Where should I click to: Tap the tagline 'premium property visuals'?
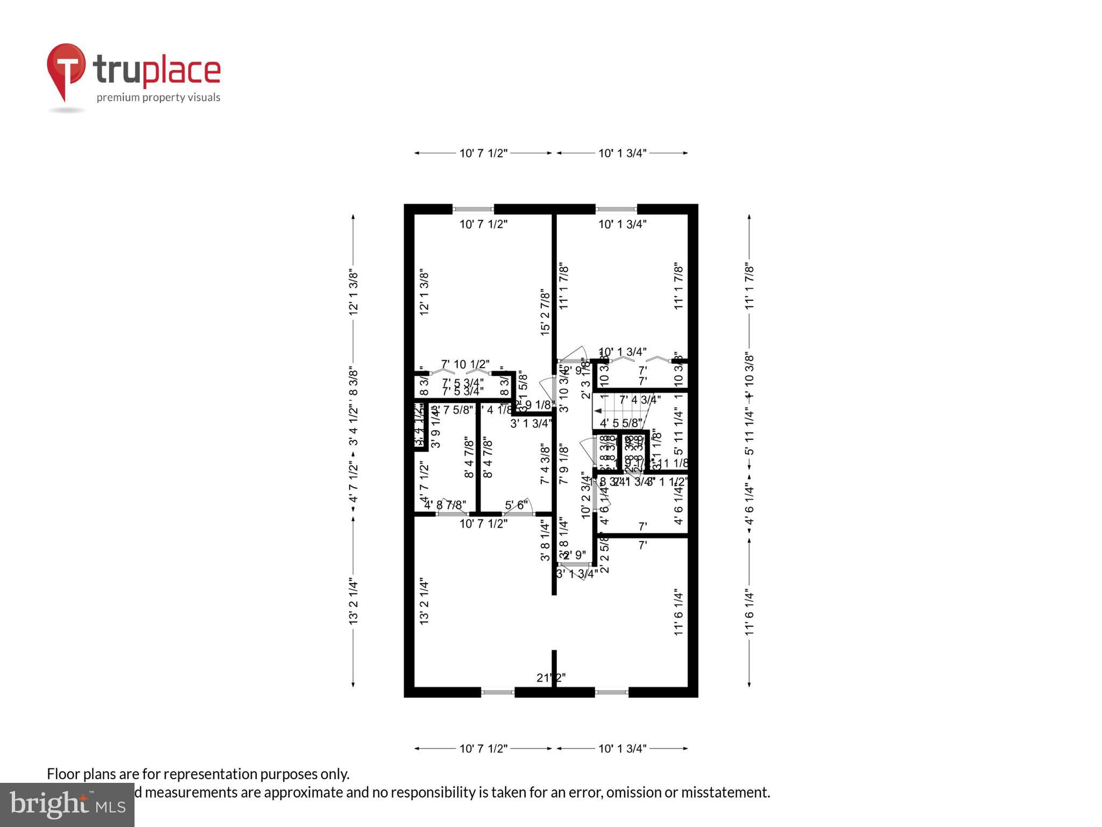(158, 97)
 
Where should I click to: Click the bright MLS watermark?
(67, 804)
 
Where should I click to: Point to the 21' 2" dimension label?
(551, 677)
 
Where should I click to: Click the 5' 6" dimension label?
(515, 505)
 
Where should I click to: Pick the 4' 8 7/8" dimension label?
(445, 505)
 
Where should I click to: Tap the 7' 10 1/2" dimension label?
(465, 364)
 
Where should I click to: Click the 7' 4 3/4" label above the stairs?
(639, 400)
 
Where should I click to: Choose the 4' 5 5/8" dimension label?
(621, 423)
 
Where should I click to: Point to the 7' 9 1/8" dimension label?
(563, 464)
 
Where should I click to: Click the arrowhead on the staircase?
(597, 411)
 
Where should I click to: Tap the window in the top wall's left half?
(473, 209)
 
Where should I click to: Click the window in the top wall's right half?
(616, 209)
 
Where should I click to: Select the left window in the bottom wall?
(498, 692)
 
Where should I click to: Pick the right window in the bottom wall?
(612, 692)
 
